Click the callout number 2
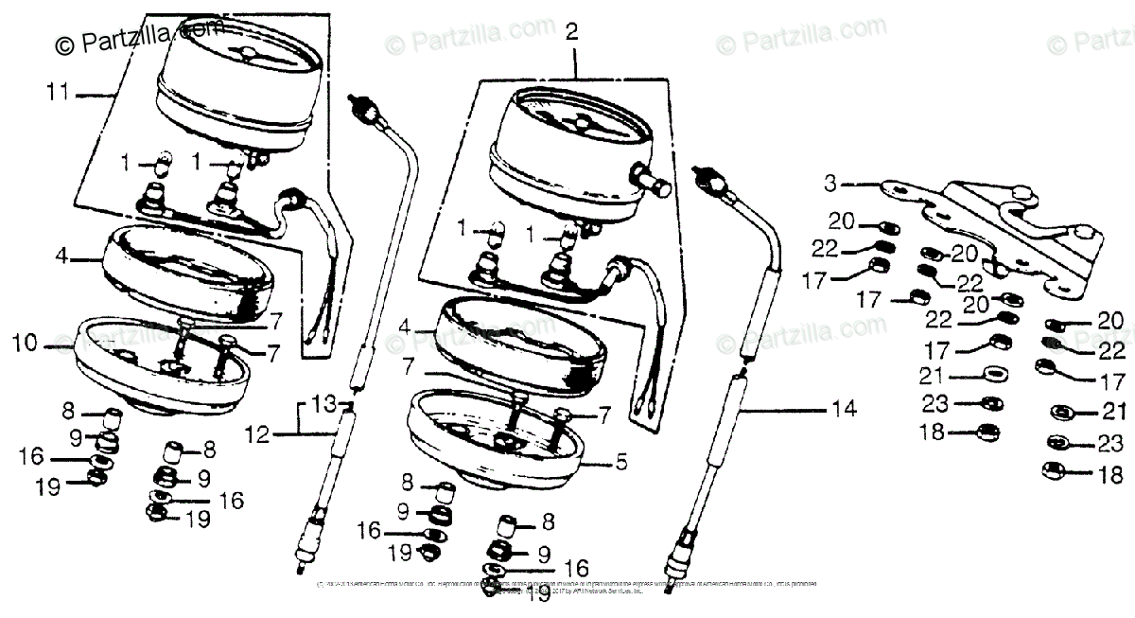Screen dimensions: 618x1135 (x=570, y=32)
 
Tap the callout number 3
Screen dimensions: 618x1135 (x=829, y=183)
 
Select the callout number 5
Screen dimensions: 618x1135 (x=621, y=463)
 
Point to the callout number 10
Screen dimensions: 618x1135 (x=26, y=343)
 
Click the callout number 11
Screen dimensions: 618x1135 (x=59, y=93)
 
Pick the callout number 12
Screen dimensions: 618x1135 (x=255, y=435)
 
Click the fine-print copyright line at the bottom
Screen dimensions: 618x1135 (x=567, y=590)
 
